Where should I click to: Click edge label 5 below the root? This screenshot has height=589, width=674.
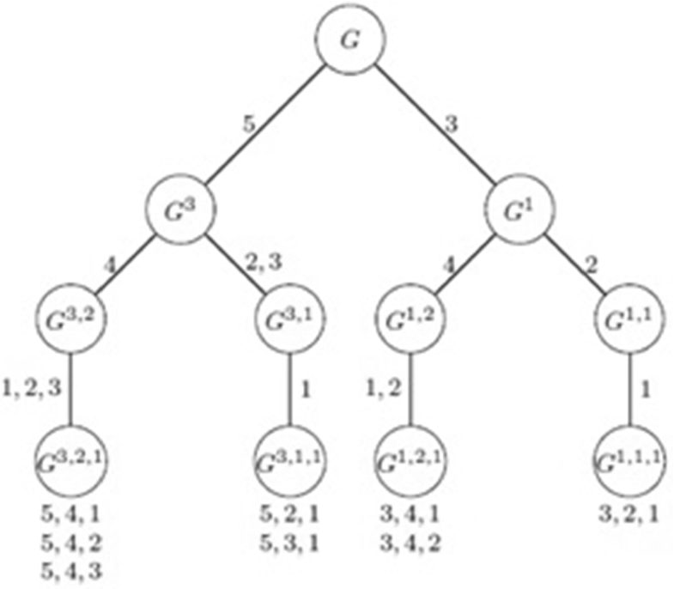pyautogui.click(x=248, y=124)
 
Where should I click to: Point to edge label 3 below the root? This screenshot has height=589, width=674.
pyautogui.click(x=450, y=124)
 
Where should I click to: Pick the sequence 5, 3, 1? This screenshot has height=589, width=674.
pyautogui.click(x=289, y=542)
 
